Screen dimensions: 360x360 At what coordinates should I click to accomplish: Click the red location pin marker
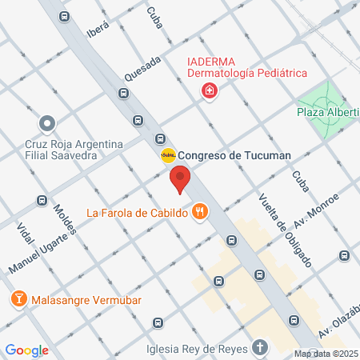(181, 180)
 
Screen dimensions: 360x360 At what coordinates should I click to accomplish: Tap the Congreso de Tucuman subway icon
(168, 155)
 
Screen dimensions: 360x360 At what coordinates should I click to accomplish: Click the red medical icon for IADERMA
(210, 92)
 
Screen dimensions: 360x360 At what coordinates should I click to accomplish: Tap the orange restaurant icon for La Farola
(200, 212)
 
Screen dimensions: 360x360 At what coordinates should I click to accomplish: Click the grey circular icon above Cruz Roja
(47, 124)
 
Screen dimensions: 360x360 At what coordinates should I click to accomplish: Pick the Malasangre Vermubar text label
(86, 301)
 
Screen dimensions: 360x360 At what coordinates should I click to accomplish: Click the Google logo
(26, 350)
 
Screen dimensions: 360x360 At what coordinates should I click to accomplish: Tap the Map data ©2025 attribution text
(326, 354)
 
